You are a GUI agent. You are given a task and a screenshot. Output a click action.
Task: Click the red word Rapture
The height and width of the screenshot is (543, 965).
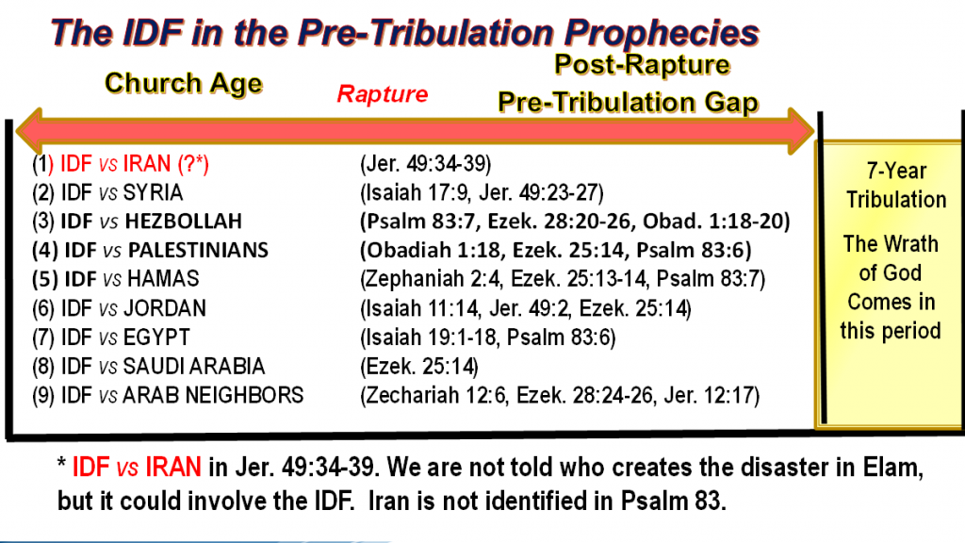point(383,94)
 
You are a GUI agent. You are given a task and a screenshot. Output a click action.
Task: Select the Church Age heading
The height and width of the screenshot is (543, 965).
point(184,83)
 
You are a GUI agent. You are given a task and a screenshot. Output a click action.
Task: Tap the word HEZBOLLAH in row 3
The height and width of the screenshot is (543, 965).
point(184,221)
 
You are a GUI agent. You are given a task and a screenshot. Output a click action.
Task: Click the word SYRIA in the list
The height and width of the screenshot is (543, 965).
point(153,192)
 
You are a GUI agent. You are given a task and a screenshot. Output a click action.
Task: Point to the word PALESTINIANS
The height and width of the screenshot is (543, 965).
point(198,250)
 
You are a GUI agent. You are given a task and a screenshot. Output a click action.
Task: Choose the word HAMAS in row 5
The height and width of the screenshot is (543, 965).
point(163,279)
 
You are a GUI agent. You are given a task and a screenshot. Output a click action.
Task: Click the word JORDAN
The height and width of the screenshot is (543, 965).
point(164,308)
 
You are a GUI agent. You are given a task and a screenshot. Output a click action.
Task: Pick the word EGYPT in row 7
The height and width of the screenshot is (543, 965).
point(156,337)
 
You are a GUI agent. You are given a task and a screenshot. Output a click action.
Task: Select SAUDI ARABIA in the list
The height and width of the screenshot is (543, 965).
point(194,367)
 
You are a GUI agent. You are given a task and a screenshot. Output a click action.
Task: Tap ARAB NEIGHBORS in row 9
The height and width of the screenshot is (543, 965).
point(213,395)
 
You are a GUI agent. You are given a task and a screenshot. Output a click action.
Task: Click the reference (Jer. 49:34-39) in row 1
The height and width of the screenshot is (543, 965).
point(425,164)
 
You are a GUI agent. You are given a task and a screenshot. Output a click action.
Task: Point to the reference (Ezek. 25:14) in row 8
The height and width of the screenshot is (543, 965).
point(419,367)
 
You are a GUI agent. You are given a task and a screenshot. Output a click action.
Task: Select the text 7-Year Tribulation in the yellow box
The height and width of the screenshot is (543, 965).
point(896,186)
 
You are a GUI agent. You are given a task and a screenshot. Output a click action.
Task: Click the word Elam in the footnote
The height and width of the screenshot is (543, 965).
point(896,468)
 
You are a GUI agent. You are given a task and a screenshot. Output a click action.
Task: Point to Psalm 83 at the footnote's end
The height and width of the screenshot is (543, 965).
point(670,501)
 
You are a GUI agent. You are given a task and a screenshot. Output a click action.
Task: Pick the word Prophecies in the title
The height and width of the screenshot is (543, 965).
point(662,33)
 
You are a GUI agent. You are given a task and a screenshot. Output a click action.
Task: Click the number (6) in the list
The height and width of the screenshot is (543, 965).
point(43,308)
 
